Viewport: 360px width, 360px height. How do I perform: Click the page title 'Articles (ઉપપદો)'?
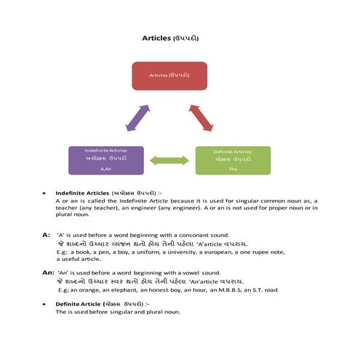169,36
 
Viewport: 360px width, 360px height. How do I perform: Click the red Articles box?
169,76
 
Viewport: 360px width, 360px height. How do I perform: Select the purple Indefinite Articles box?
105,160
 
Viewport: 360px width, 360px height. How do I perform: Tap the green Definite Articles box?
233,160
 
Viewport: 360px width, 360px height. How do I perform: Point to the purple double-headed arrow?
137,118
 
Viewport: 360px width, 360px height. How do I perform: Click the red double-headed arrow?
201,117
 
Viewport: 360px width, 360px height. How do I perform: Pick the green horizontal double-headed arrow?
169,160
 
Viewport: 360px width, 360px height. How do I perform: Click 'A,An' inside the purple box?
105,169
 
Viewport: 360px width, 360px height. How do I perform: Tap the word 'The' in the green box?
233,169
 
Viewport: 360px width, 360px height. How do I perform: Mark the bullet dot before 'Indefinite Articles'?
45,194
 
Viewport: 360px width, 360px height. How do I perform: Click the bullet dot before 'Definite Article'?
45,304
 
